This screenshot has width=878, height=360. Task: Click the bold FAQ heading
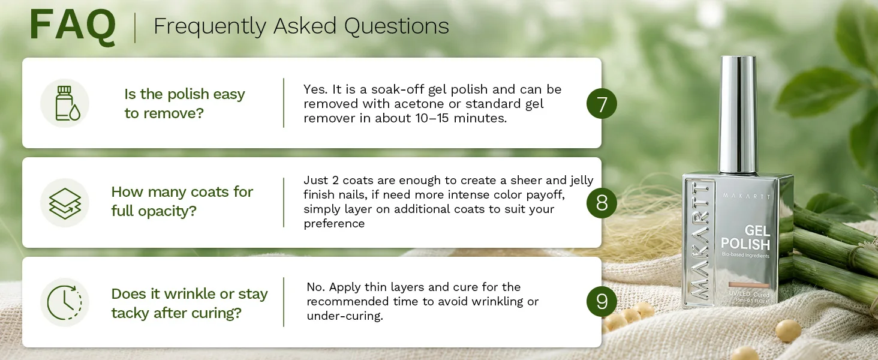coord(73,26)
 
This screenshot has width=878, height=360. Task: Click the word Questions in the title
coord(396,26)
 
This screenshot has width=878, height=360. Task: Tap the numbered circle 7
coord(602,104)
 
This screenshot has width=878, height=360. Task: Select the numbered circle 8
coord(602,203)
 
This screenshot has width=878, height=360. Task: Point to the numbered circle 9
coord(602,302)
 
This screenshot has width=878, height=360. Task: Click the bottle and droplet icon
coord(65,103)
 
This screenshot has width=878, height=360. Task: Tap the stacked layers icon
coord(65,203)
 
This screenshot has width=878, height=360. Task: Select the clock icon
coord(65,302)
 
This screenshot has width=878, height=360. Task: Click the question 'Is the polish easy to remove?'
coord(185,104)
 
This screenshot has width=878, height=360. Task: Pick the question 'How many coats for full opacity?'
coord(182,201)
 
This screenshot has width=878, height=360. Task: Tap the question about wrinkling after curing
coord(190,303)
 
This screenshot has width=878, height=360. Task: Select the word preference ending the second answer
coord(334,224)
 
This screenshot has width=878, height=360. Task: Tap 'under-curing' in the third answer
coord(344,316)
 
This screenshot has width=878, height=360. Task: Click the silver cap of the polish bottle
coord(738,115)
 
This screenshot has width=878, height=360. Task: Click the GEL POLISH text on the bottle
coord(745,237)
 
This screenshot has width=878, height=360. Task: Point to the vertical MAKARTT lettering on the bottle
coord(700,241)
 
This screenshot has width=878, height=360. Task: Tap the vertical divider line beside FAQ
coord(135,28)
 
